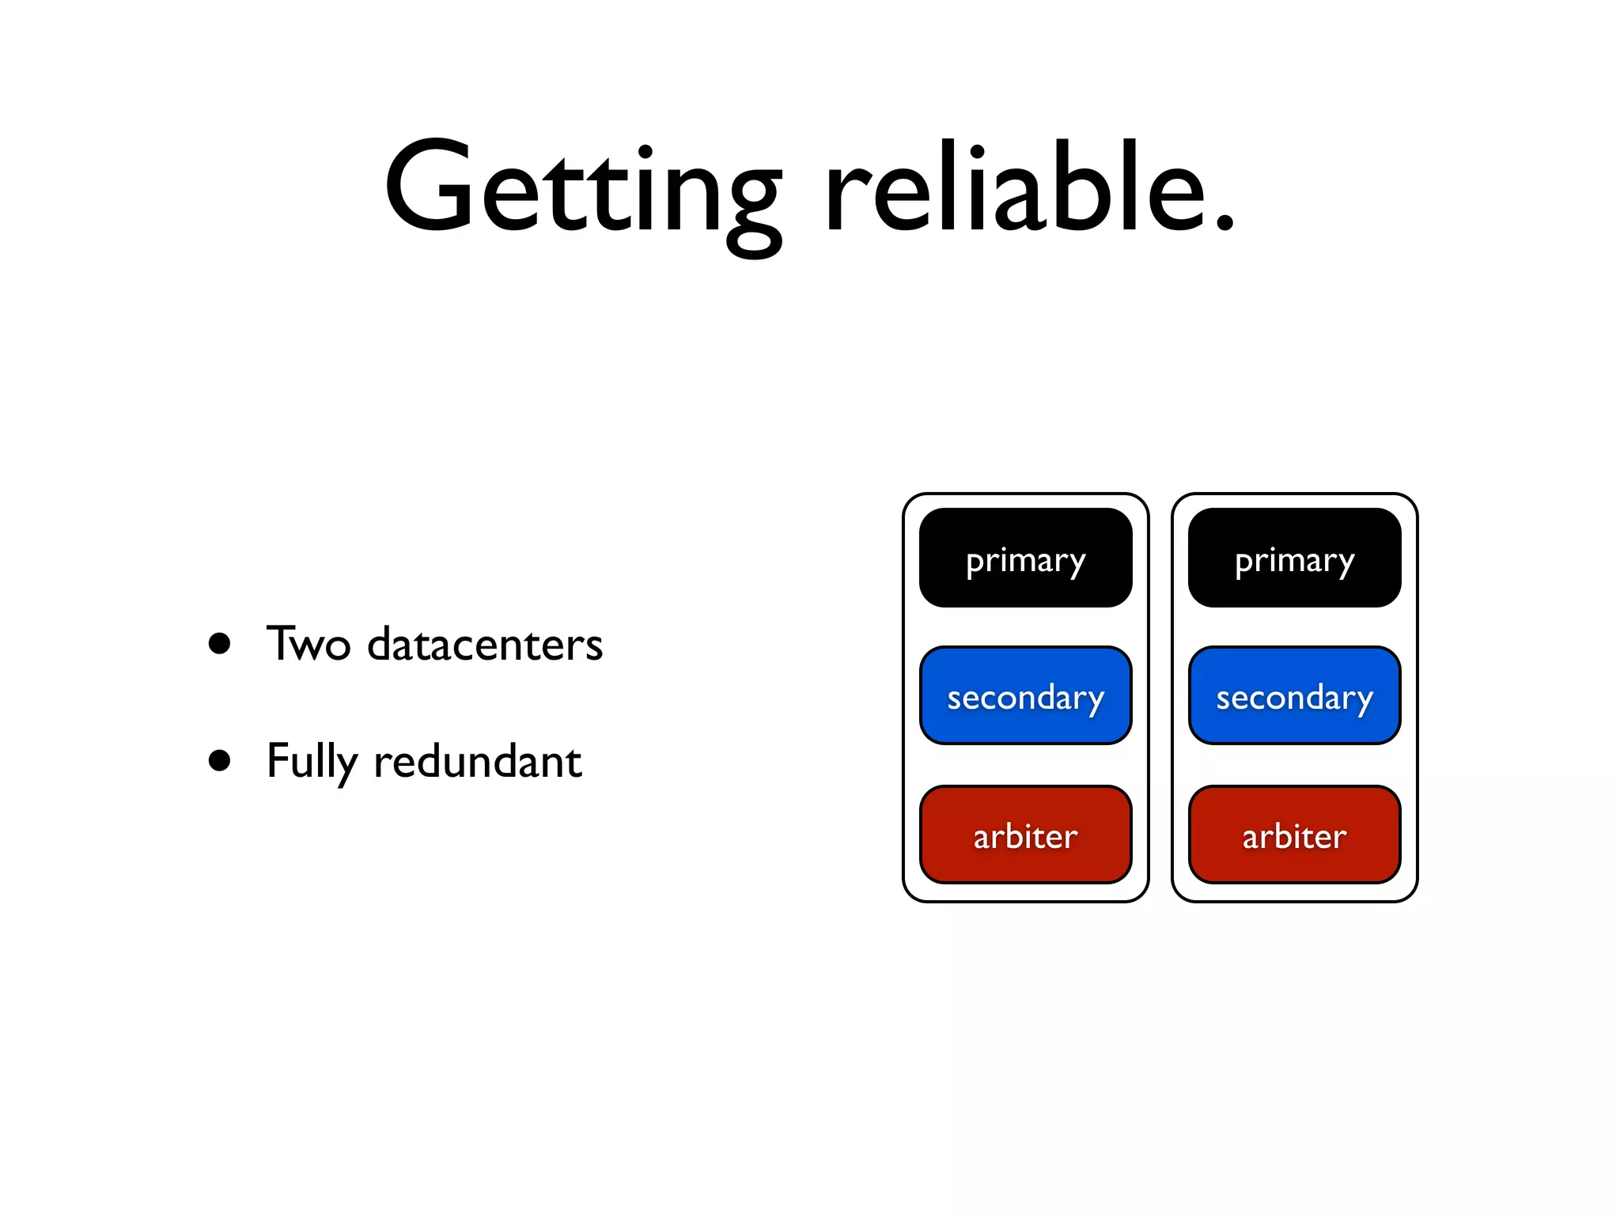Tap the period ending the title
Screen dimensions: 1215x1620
pyautogui.click(x=1224, y=225)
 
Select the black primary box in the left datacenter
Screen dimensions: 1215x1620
pyautogui.click(x=1025, y=558)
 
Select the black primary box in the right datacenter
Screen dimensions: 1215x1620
pyautogui.click(x=1294, y=558)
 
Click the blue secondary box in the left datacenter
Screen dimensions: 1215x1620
pyautogui.click(x=1025, y=696)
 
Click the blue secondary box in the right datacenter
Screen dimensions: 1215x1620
pyautogui.click(x=1294, y=696)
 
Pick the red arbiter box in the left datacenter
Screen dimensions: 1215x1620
pyautogui.click(x=1025, y=835)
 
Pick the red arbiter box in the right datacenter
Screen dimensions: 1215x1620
pyautogui.click(x=1294, y=835)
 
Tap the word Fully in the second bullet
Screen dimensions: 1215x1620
pyautogui.click(x=311, y=761)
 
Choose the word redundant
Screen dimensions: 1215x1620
pyautogui.click(x=477, y=761)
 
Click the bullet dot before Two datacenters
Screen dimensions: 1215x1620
pyautogui.click(x=220, y=643)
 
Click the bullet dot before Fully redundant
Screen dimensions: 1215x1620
pyautogui.click(x=220, y=761)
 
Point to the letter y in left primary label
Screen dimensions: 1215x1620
pyautogui.click(x=1076, y=566)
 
